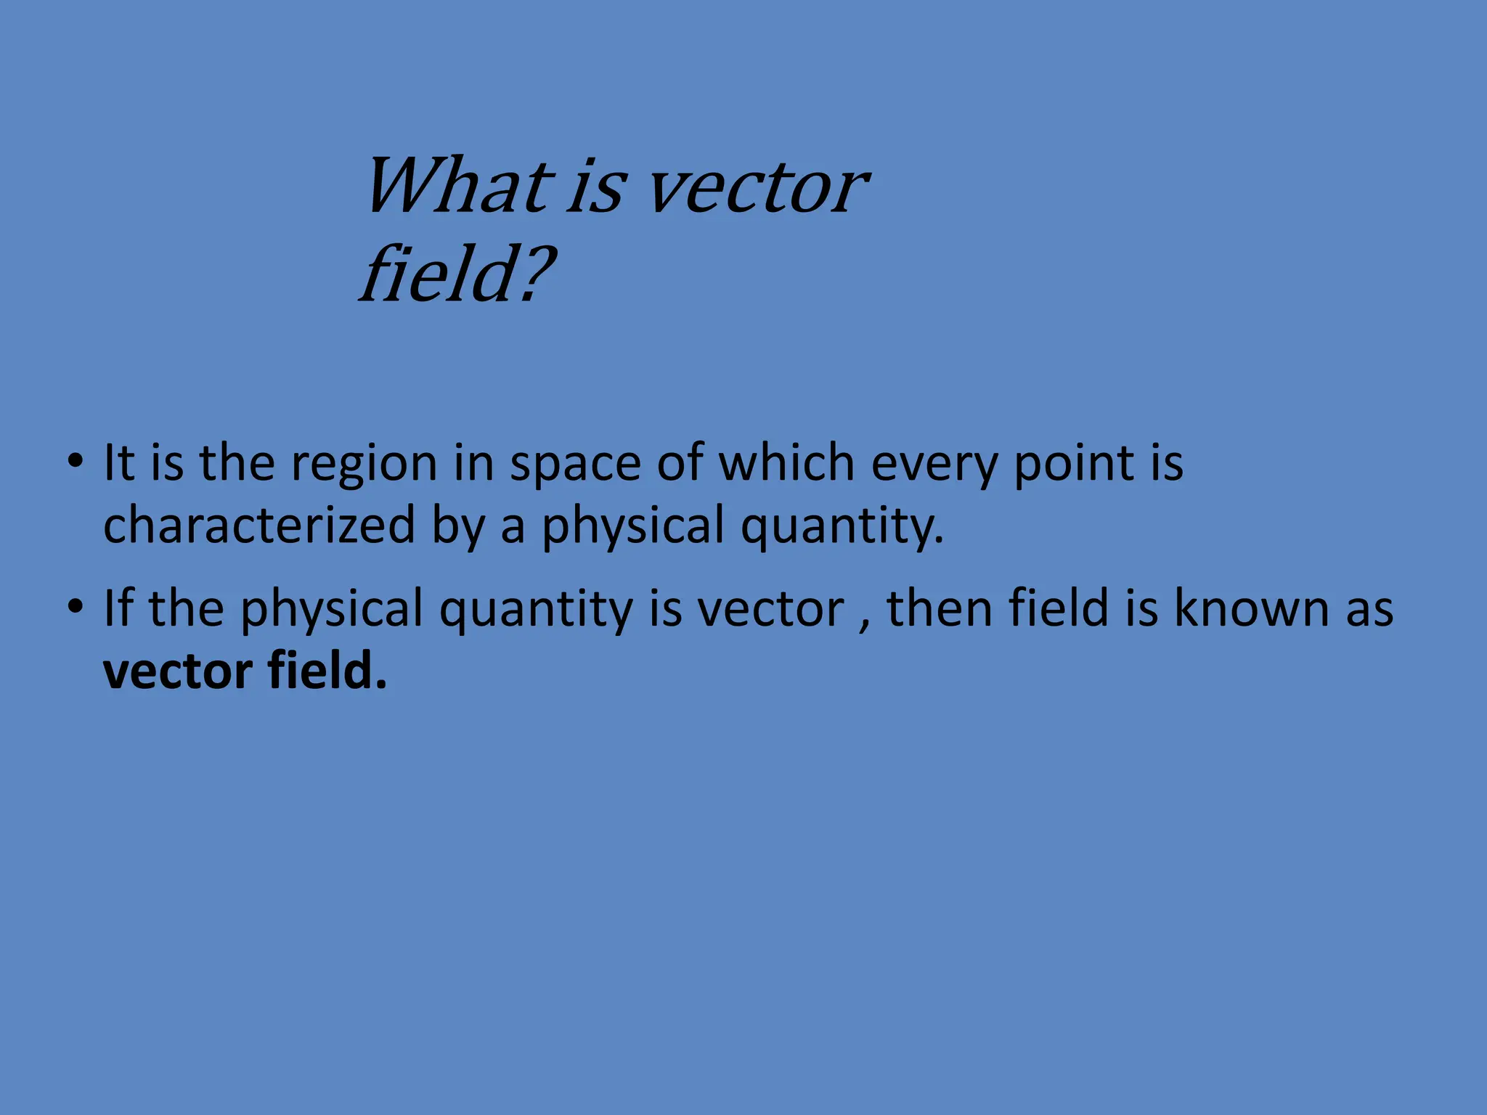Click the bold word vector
point(178,671)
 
